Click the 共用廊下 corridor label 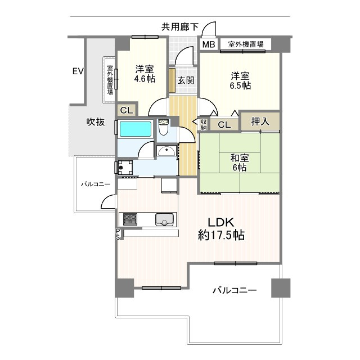click(x=180, y=26)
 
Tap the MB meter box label click(x=208, y=45)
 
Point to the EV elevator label click(x=78, y=71)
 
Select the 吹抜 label click(x=95, y=121)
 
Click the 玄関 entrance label click(x=186, y=80)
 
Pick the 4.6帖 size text click(x=144, y=79)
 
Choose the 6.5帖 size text click(x=240, y=86)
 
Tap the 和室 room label click(x=239, y=157)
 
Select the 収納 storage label click(x=203, y=124)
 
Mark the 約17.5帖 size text click(x=221, y=236)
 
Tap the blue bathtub click(x=136, y=128)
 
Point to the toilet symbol click(x=163, y=129)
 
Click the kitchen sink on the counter click(x=164, y=219)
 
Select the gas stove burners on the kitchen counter click(x=129, y=218)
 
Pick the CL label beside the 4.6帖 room click(x=127, y=110)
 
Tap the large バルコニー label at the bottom click(x=235, y=291)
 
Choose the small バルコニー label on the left click(x=95, y=184)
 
